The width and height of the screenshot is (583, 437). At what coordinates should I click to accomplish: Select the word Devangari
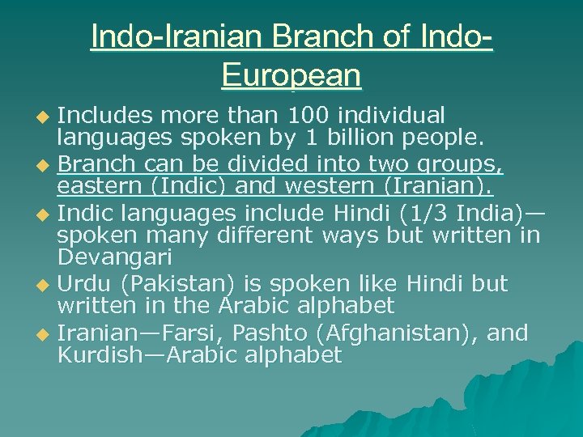[x=115, y=258]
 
